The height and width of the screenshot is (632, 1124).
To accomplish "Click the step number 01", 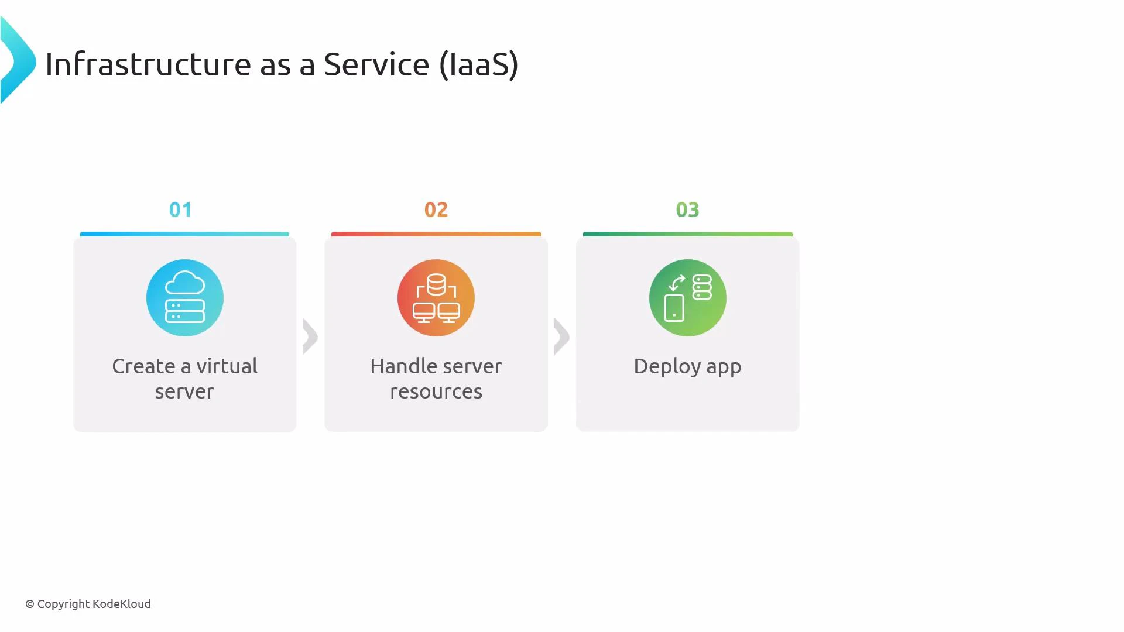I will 180,209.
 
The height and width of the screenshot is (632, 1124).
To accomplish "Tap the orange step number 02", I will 436,209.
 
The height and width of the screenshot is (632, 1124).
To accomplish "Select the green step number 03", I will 687,209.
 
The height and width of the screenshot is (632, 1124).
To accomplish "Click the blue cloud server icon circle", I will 185,298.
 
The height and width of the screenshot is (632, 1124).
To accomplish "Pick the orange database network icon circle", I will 436,298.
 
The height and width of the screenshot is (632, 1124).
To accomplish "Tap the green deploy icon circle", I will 688,298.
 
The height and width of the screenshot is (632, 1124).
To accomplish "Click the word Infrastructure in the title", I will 148,64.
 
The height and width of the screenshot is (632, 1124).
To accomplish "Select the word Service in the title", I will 376,64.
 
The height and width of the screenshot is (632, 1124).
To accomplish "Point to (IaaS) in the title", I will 479,64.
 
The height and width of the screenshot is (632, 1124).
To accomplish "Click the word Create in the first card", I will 143,366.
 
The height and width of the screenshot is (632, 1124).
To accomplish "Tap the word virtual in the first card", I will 227,366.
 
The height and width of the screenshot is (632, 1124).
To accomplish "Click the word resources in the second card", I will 436,391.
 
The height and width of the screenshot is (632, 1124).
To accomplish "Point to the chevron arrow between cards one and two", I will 310,336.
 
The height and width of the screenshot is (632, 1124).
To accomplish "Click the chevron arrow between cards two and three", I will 561,336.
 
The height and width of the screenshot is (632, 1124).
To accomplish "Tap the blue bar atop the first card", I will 184,234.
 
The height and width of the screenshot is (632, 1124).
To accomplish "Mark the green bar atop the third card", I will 688,234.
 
